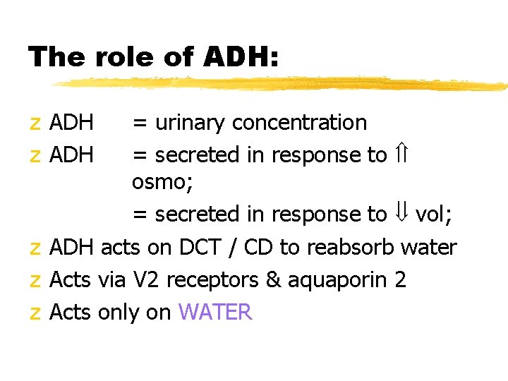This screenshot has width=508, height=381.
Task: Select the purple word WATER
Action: click(215, 312)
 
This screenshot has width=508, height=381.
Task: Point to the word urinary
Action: click(190, 123)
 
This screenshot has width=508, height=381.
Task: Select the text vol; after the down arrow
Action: click(434, 214)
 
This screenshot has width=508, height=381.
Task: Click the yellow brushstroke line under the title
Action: click(282, 85)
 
